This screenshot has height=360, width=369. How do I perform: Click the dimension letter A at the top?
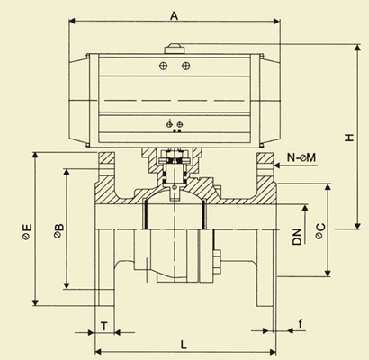(x=174, y=15)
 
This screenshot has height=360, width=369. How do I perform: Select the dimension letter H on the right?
(x=349, y=138)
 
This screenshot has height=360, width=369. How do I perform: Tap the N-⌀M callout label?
(x=301, y=157)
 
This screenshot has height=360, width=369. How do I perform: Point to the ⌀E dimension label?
(x=26, y=231)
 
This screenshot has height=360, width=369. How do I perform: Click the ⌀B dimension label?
(x=58, y=230)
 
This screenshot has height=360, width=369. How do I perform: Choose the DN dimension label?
(x=297, y=237)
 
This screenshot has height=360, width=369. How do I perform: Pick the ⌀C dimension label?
(x=319, y=231)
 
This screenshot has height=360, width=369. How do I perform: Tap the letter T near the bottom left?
(x=103, y=326)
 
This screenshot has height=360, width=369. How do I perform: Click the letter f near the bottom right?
(x=301, y=323)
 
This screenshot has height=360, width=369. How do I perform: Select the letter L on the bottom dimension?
(x=184, y=345)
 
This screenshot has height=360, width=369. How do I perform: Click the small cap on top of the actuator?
(x=174, y=49)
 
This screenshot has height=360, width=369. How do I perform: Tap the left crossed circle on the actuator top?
(x=163, y=66)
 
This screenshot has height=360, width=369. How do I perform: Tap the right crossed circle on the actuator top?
(x=186, y=66)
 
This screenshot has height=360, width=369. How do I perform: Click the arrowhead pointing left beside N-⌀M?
(x=277, y=166)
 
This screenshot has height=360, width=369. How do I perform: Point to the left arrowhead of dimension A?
(x=72, y=21)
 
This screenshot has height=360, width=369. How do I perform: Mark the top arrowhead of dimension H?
(x=357, y=48)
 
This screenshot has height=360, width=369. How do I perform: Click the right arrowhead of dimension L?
(x=273, y=351)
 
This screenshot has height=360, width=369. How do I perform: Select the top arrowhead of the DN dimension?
(x=305, y=209)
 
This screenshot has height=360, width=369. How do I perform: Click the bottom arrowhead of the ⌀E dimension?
(x=35, y=302)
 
